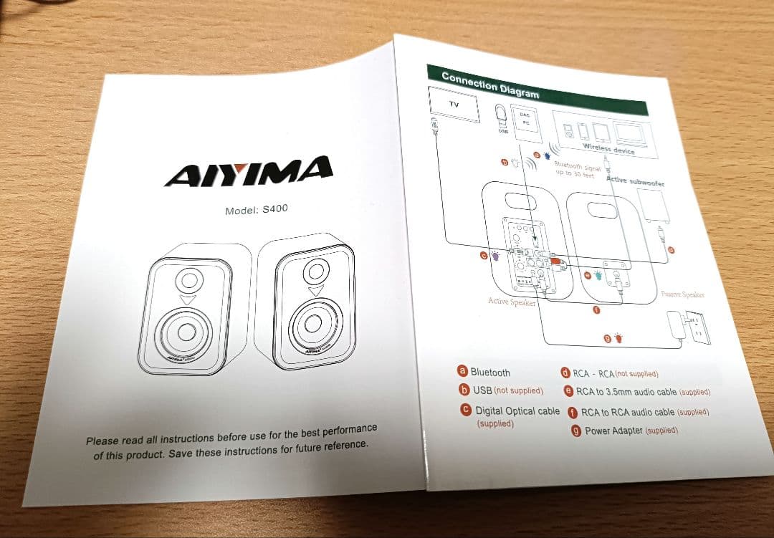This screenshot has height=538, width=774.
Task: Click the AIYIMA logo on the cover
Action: point(248,170)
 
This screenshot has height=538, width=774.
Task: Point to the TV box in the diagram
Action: point(453,105)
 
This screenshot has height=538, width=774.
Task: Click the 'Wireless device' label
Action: point(608,149)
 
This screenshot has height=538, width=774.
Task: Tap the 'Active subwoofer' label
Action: point(635,182)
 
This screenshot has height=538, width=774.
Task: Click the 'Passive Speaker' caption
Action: point(682,294)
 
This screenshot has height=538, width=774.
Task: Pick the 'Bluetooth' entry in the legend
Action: point(490,373)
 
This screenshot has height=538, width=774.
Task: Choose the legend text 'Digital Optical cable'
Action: point(517,411)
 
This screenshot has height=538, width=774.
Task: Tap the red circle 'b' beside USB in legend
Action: point(464,390)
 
